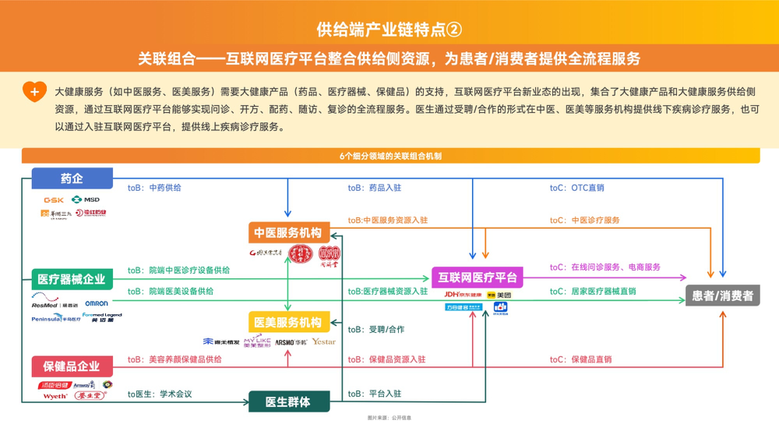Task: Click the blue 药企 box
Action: [72, 178]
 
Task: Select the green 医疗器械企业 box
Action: [72, 279]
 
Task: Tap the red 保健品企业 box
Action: [72, 366]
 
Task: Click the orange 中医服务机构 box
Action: [289, 233]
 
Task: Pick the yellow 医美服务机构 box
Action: [289, 322]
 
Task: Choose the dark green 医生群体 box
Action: [289, 402]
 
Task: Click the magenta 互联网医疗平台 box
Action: [477, 278]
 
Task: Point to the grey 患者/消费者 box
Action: [723, 296]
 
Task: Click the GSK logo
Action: [54, 200]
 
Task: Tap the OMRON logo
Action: [97, 303]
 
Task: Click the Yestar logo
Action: [324, 342]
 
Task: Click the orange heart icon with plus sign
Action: [35, 92]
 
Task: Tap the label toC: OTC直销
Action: [577, 188]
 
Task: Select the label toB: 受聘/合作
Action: [376, 330]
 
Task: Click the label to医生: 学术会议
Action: [160, 394]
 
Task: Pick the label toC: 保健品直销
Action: [580, 359]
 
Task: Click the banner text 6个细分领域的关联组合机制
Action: [390, 156]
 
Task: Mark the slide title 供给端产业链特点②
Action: [389, 30]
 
